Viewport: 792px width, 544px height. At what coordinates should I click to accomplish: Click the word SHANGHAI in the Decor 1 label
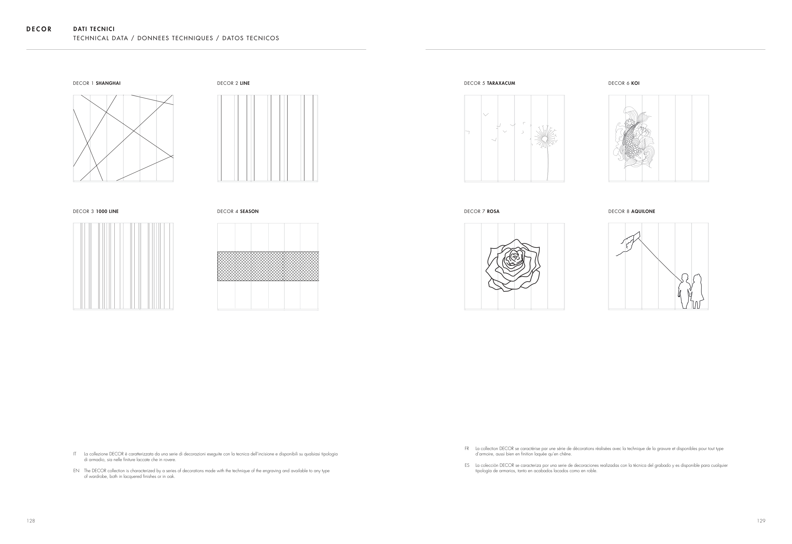pyautogui.click(x=108, y=83)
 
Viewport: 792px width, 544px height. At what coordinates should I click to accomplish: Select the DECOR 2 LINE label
pyautogui.click(x=233, y=83)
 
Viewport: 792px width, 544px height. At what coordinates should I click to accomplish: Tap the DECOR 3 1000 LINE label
pyautogui.click(x=96, y=211)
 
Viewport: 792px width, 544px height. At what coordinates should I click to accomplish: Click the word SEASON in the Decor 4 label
pyautogui.click(x=249, y=211)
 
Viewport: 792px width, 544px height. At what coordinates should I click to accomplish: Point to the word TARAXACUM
pyautogui.click(x=501, y=83)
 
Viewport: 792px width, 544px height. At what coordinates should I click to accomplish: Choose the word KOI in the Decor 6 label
pyautogui.click(x=635, y=83)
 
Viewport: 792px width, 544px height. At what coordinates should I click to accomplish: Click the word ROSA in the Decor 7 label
pyautogui.click(x=493, y=211)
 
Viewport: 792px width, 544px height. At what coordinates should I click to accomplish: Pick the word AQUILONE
pyautogui.click(x=643, y=211)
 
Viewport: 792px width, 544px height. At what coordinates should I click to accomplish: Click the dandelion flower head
pyautogui.click(x=545, y=138)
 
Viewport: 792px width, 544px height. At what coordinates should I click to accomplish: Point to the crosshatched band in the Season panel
pyautogui.click(x=268, y=266)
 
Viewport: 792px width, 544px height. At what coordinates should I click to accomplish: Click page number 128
pyautogui.click(x=31, y=521)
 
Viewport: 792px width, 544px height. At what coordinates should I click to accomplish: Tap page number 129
pyautogui.click(x=761, y=521)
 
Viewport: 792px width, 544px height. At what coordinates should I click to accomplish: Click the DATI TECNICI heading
pyautogui.click(x=94, y=29)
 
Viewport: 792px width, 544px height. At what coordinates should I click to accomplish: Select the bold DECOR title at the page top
pyautogui.click(x=39, y=29)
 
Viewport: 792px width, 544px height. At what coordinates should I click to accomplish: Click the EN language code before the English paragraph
pyautogui.click(x=76, y=471)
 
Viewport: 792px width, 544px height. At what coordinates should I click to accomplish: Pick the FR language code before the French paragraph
pyautogui.click(x=467, y=448)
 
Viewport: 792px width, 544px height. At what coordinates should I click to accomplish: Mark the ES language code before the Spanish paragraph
pyautogui.click(x=467, y=465)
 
